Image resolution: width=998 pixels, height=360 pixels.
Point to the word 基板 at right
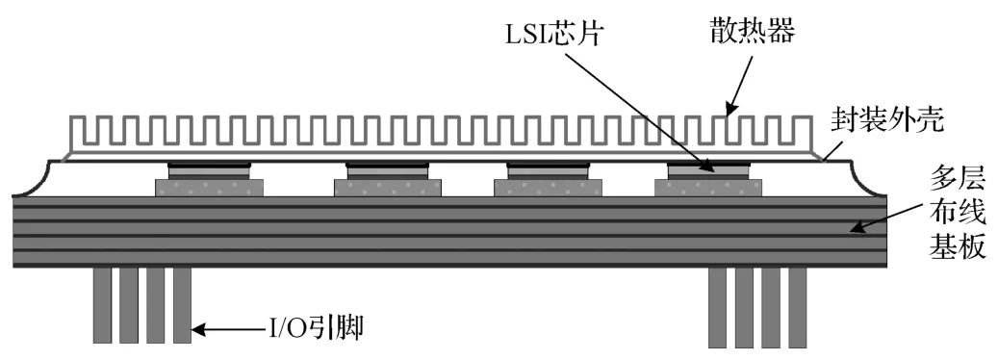[x=956, y=247]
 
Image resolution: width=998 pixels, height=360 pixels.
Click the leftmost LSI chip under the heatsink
[x=210, y=169]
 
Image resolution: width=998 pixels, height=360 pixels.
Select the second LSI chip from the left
[x=387, y=169]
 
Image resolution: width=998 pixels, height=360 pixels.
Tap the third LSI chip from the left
[x=546, y=169]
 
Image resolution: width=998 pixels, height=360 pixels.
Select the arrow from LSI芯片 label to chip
[x=635, y=108]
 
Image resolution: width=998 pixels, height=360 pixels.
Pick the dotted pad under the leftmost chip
[x=210, y=187]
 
